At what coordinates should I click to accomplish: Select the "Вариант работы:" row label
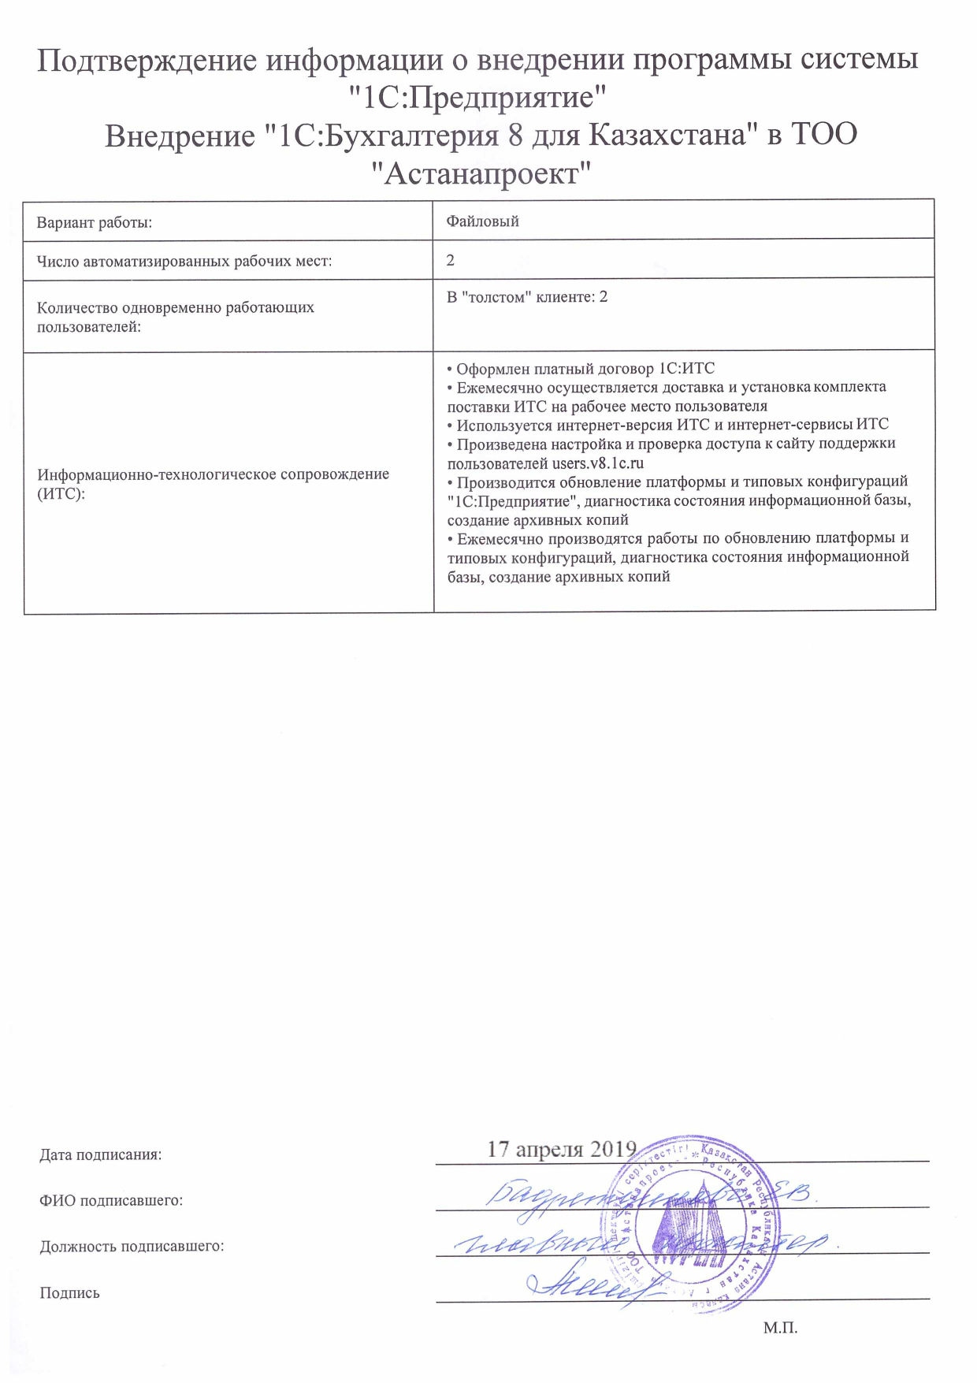click(x=95, y=222)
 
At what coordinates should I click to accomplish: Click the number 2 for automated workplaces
click(x=451, y=260)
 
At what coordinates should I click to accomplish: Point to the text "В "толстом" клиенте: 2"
click(x=526, y=297)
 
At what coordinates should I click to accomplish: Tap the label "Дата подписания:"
click(x=101, y=1154)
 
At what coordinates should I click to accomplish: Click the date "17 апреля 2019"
click(x=561, y=1148)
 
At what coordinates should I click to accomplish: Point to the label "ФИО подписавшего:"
click(x=111, y=1200)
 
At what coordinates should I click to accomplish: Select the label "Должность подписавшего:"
click(x=132, y=1246)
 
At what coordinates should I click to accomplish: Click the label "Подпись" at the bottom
click(x=69, y=1292)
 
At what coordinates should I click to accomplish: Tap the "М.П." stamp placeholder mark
click(x=780, y=1328)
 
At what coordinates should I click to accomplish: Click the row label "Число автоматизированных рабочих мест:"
click(x=184, y=262)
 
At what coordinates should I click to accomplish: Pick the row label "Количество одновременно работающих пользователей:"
click(x=175, y=316)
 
